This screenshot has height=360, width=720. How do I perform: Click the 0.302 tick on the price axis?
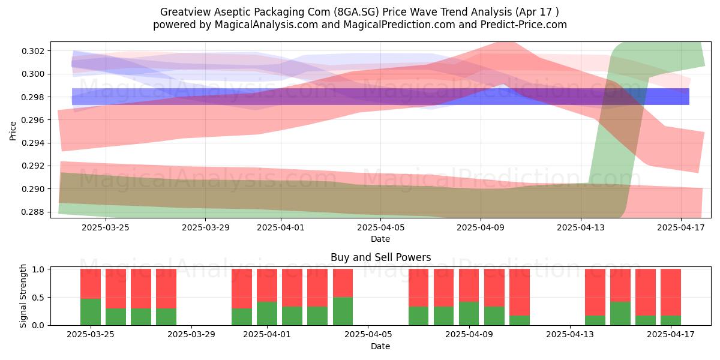click(33, 51)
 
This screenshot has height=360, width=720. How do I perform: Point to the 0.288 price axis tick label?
click(33, 212)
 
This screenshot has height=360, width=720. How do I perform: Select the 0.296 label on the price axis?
click(33, 120)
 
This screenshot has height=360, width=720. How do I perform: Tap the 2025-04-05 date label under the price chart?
click(381, 227)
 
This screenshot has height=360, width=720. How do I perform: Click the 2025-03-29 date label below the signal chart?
click(191, 335)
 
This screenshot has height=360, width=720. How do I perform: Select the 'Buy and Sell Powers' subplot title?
click(381, 257)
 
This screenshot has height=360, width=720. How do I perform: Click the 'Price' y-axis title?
click(13, 131)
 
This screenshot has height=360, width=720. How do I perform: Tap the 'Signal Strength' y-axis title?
click(23, 296)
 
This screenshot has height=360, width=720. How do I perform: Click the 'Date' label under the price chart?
click(380, 239)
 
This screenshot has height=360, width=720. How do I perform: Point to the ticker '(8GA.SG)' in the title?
click(356, 12)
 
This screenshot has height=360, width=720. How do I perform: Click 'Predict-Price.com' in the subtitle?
click(524, 25)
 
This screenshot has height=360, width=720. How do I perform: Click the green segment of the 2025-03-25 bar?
click(91, 312)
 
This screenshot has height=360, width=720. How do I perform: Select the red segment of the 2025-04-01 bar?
click(267, 286)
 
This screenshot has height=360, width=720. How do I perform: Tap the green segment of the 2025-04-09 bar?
click(469, 313)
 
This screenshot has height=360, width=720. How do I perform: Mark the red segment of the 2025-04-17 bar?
click(671, 293)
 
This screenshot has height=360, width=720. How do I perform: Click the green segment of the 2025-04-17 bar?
click(671, 320)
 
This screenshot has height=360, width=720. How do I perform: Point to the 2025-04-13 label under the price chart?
click(581, 227)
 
